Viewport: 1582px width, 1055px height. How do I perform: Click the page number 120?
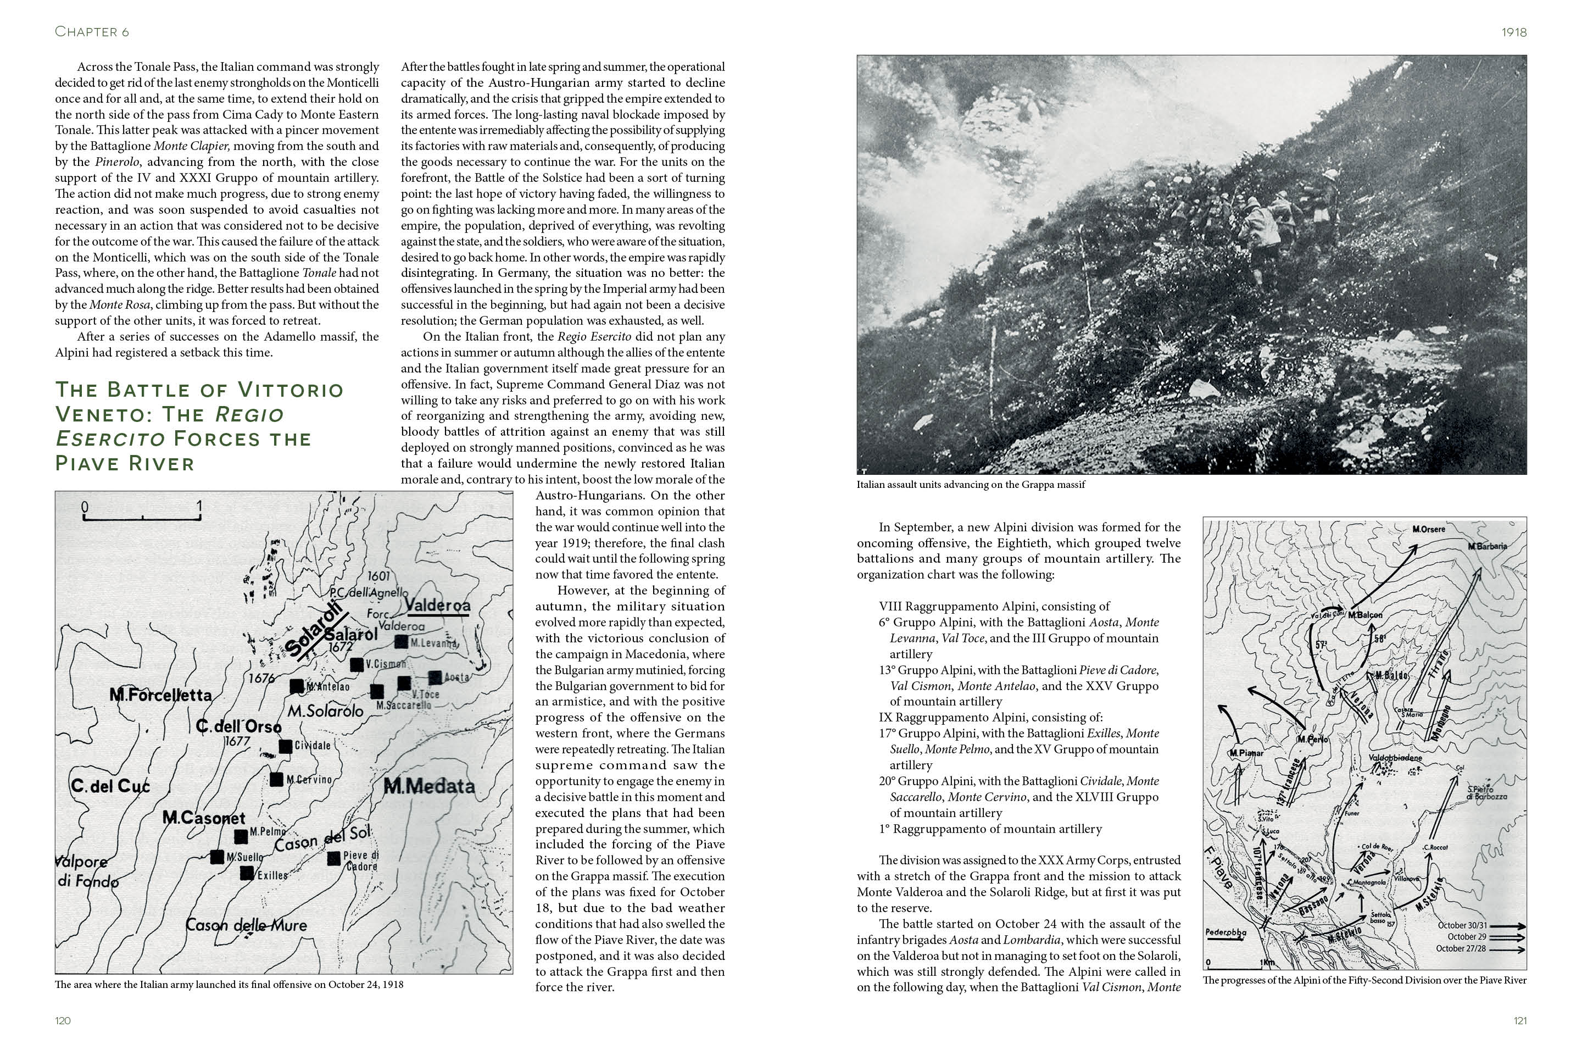63,1021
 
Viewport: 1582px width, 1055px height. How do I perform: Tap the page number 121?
1519,1021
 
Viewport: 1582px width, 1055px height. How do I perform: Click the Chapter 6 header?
92,32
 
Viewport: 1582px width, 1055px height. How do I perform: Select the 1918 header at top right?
1514,32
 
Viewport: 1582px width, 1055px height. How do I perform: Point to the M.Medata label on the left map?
429,786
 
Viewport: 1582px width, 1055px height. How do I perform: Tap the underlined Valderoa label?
438,606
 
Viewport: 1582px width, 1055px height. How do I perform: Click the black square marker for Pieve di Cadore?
333,858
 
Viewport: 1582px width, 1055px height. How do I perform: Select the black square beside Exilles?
247,873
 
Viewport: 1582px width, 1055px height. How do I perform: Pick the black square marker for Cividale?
285,746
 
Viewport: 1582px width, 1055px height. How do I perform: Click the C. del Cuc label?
110,786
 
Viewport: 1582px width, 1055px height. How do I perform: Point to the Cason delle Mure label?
246,925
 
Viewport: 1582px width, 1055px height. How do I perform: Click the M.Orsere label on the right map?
1429,530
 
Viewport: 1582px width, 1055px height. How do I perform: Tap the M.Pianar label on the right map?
1246,753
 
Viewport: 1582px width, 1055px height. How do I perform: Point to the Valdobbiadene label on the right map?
1396,758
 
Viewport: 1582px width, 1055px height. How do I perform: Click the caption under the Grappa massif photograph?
971,485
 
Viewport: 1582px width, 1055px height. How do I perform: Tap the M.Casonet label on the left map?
204,818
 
